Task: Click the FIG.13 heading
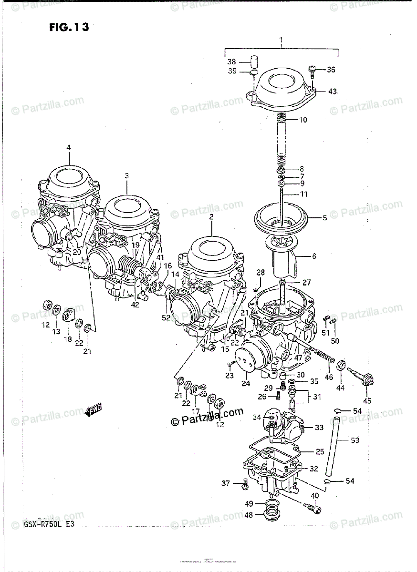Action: tap(69, 27)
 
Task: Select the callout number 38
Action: tap(231, 61)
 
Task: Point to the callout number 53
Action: tap(355, 440)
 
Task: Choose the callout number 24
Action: tap(246, 383)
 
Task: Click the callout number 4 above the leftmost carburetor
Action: tap(68, 148)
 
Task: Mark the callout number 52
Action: tap(166, 317)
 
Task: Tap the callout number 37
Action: tap(226, 484)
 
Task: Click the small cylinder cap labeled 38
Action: tap(258, 62)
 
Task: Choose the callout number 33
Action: tap(319, 428)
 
